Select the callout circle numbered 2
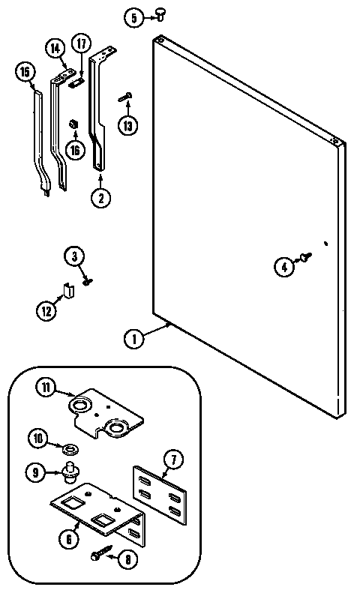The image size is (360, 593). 100,199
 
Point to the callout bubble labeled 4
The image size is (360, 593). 283,265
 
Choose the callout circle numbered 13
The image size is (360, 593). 128,125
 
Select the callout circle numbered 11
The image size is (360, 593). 46,387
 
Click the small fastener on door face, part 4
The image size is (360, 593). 305,258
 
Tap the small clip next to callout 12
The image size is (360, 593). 67,290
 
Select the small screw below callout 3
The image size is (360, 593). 88,282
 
